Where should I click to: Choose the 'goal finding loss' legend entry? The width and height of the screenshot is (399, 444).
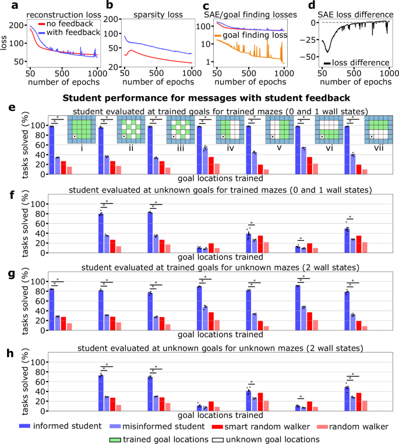click(255, 36)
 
